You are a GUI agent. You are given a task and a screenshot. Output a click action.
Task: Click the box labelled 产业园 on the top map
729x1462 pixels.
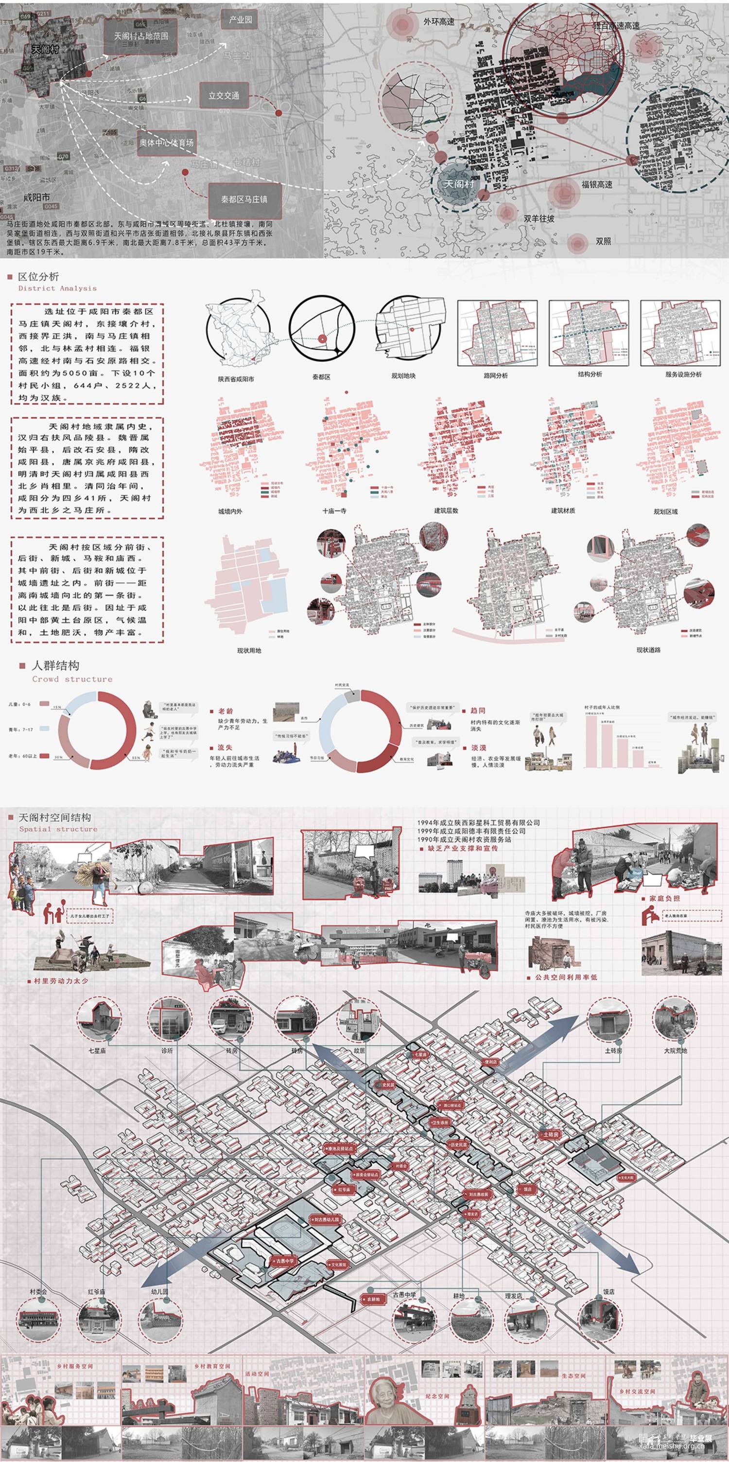(240, 20)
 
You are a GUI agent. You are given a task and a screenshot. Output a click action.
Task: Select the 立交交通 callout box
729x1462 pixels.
(224, 95)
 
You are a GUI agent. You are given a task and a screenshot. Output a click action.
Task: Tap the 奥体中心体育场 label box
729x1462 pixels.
(167, 143)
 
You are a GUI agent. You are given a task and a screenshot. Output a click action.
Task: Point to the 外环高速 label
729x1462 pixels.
(438, 21)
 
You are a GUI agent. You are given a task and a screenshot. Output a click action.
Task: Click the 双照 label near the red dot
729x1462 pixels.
(603, 241)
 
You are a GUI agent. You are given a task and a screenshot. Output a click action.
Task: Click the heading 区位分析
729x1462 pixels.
(38, 276)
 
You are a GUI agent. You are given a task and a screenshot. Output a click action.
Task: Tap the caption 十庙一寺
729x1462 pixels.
(334, 511)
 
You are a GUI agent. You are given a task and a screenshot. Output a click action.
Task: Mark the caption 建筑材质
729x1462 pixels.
(563, 511)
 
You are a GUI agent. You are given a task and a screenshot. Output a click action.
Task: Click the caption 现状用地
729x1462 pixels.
(249, 650)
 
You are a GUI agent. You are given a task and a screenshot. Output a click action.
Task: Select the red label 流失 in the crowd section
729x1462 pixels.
(225, 748)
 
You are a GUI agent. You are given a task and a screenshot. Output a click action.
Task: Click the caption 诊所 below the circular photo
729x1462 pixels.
(167, 1051)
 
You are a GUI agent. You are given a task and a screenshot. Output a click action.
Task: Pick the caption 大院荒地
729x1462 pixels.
(675, 1051)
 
